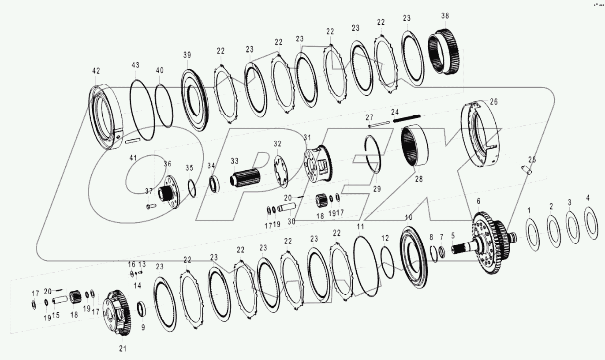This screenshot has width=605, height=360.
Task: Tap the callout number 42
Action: tap(96, 71)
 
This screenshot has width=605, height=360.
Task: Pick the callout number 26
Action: tap(493, 101)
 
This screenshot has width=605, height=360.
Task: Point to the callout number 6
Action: tap(478, 201)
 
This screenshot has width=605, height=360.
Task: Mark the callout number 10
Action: tap(409, 218)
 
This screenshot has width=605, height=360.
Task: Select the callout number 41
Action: tap(133, 157)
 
